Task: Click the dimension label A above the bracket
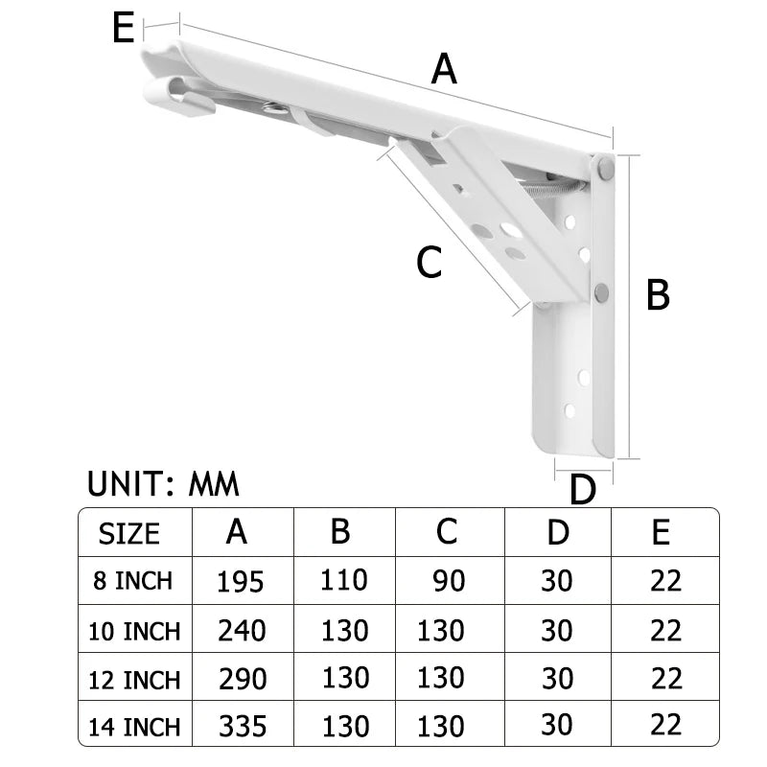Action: [444, 69]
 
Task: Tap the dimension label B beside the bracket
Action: [657, 294]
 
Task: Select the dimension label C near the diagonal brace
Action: [429, 262]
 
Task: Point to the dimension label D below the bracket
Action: [582, 489]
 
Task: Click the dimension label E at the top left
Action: [122, 29]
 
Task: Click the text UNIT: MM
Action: [163, 482]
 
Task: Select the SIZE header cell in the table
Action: [129, 533]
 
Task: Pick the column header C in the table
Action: [446, 531]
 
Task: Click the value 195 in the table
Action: [240, 581]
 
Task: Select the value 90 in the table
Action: [448, 581]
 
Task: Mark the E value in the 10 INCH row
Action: [665, 630]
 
